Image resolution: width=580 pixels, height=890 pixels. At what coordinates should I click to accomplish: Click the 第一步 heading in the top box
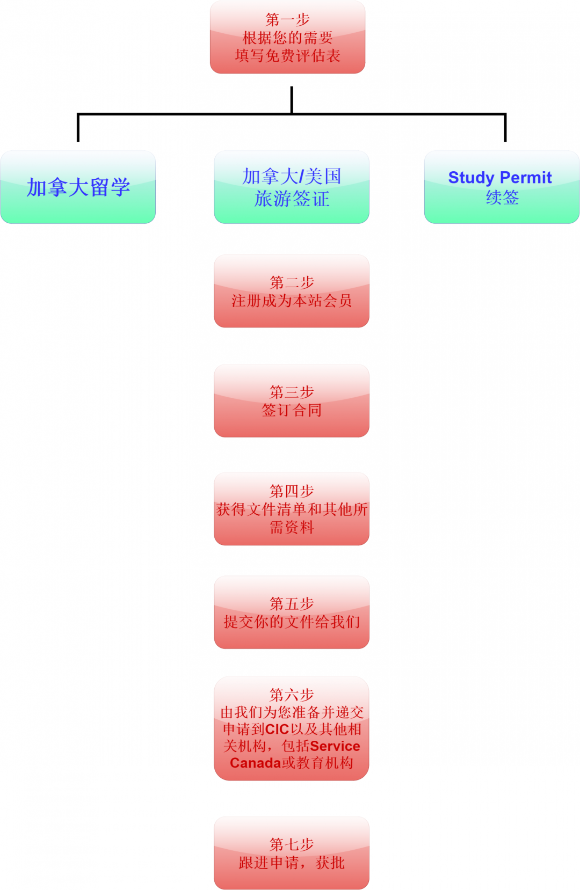(287, 19)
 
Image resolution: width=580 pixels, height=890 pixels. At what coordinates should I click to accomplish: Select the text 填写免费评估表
(287, 56)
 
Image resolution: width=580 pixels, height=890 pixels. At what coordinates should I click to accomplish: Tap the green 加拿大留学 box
(78, 187)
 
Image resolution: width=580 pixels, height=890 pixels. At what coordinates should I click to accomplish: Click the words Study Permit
(499, 178)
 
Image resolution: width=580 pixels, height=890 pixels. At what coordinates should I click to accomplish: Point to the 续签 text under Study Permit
(502, 198)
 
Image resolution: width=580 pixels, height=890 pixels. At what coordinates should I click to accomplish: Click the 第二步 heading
(292, 282)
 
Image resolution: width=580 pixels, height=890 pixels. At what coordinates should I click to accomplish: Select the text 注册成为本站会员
(292, 301)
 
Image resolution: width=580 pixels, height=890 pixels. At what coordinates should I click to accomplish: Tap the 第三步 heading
(292, 392)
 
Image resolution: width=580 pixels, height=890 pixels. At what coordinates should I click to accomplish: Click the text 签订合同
(292, 410)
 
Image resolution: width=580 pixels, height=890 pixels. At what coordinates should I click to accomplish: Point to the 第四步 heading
(292, 491)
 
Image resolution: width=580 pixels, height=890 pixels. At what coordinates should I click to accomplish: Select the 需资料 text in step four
(292, 527)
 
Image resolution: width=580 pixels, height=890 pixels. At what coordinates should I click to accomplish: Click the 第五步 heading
(292, 604)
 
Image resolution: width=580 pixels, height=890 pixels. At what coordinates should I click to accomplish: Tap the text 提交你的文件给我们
(292, 622)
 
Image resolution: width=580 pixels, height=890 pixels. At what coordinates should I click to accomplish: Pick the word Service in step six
(335, 746)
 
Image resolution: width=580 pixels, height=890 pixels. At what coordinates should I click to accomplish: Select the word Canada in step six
(256, 763)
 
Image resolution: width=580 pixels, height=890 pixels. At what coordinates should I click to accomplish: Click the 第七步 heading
(292, 844)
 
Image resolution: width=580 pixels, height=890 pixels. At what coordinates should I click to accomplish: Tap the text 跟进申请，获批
(292, 863)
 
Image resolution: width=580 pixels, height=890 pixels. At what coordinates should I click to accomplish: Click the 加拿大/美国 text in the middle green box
(292, 177)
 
